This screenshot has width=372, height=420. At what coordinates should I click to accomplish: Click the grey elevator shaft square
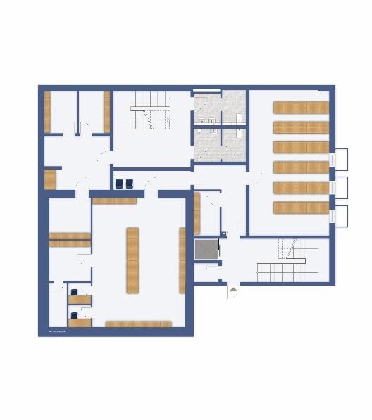(206, 249)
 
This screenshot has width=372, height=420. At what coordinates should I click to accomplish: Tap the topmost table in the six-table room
(301, 108)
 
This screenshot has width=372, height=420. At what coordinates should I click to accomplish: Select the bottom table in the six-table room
(301, 208)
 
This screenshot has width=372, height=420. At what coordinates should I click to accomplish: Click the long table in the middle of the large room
(132, 260)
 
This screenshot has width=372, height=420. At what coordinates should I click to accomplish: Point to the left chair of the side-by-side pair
(119, 184)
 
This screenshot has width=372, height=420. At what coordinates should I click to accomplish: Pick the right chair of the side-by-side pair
(130, 184)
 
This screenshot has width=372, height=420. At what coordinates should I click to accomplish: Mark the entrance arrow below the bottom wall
(233, 288)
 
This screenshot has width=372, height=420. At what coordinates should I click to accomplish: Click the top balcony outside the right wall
(340, 158)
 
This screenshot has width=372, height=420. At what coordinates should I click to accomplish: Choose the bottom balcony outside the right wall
(340, 215)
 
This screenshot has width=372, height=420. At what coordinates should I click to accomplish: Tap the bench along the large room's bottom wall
(139, 324)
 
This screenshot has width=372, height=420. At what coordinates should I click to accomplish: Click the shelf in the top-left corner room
(48, 112)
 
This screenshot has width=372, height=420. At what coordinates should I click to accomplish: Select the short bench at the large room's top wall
(114, 201)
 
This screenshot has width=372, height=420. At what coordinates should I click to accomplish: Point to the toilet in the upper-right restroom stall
(240, 117)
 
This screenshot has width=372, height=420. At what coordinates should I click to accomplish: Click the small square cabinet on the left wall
(50, 179)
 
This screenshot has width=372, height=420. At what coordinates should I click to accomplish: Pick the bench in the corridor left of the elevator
(197, 212)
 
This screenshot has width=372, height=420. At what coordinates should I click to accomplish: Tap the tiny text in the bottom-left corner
(57, 331)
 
